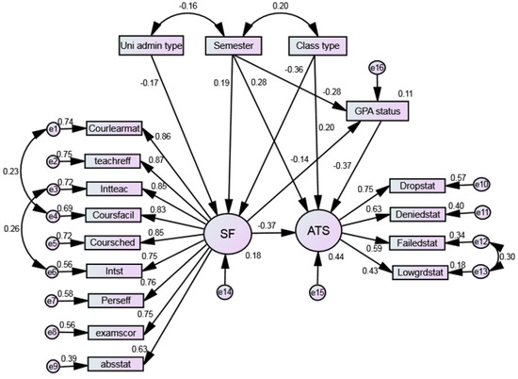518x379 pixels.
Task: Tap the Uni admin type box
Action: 152,45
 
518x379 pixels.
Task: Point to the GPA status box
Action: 378,111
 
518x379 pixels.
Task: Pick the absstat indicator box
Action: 115,362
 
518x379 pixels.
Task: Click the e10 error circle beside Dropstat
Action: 481,184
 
